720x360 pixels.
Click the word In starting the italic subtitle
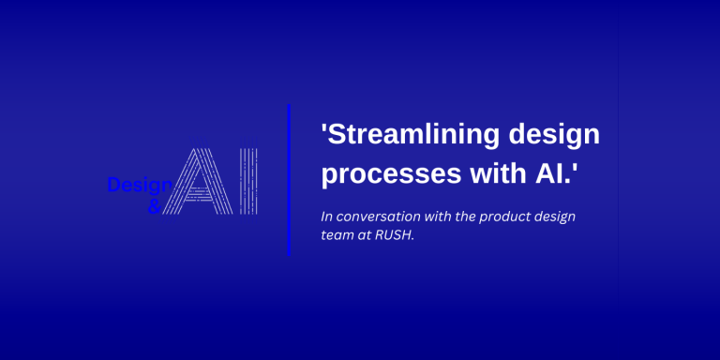(x=327, y=217)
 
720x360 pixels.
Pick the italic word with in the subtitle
(x=440, y=217)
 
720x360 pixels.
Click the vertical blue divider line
(x=289, y=178)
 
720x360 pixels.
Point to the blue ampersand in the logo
(x=155, y=205)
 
